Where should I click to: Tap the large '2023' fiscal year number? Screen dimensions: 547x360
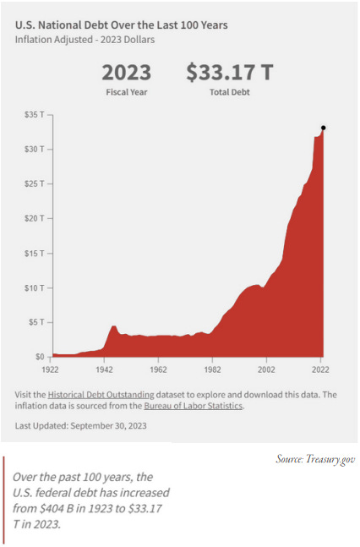coord(127,73)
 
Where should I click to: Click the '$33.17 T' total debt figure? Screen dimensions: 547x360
coord(230,73)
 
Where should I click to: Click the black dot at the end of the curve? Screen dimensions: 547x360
coord(324,128)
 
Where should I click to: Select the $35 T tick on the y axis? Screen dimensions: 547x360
coord(35,114)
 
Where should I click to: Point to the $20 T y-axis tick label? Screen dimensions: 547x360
coord(35,218)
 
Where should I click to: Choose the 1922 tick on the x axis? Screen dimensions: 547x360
coord(52,369)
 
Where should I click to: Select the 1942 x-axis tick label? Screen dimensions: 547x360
coord(105,369)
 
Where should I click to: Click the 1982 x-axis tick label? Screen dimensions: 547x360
coord(213,369)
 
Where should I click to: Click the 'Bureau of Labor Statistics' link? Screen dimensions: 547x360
coord(194,406)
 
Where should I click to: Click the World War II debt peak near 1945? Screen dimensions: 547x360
coord(113,325)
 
